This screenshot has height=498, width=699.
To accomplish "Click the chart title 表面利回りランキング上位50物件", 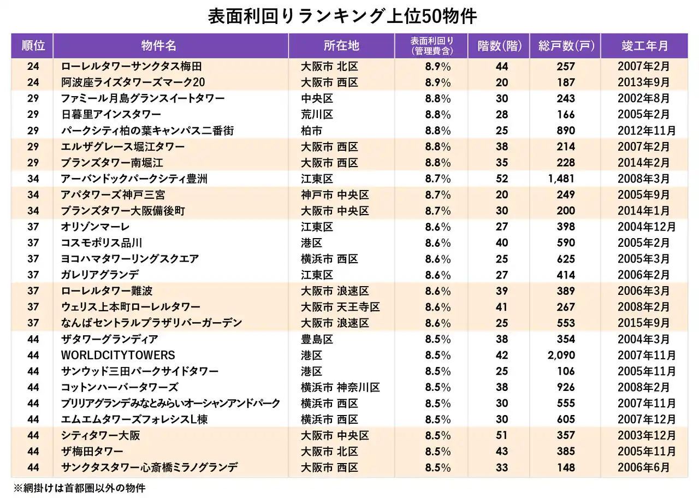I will point(342,16).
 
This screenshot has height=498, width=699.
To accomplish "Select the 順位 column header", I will point(33,46).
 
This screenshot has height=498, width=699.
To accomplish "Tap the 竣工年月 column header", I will point(645,46).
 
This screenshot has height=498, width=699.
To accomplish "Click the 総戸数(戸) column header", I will point(566,46).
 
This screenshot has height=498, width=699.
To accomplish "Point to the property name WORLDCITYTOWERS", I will point(118,355).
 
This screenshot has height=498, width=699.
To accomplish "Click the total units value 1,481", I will point(561,179).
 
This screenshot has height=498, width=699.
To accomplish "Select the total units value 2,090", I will point(561,355).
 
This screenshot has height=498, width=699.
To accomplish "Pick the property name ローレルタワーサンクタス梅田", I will point(132,67).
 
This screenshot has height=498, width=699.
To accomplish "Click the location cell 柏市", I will point(312,131).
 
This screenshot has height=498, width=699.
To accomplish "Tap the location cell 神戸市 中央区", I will point(335,195).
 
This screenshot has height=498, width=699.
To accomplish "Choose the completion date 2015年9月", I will point(644,323).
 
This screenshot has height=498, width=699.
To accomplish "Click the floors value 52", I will point(502,179).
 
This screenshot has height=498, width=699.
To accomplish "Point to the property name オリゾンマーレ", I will point(96,227).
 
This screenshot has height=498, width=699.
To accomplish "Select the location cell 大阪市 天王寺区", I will point(341,307).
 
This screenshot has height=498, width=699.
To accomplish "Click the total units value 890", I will point(566,131).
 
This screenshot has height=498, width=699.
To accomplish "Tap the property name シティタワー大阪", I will point(101,436).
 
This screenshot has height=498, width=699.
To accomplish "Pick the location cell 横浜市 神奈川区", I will point(341,388).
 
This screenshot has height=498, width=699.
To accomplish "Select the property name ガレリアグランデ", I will point(100,275).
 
